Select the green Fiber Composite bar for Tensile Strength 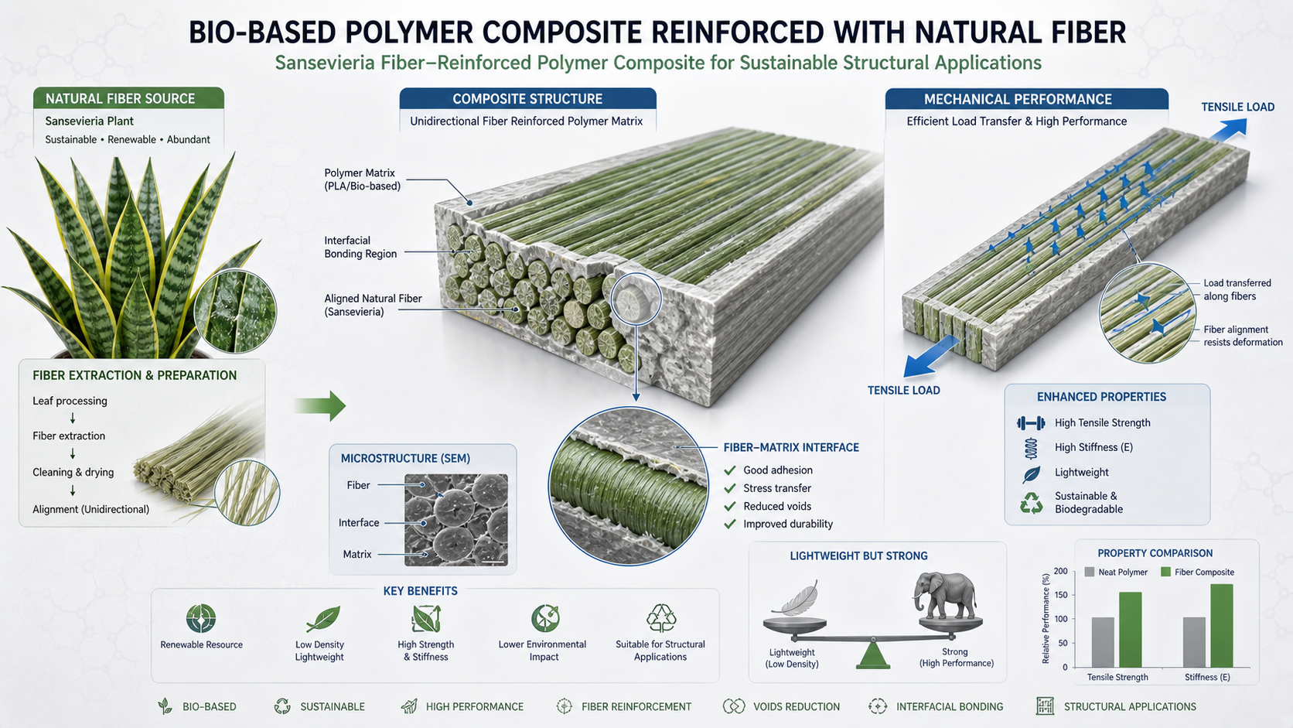click(1131, 630)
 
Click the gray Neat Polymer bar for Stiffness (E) click(1194, 643)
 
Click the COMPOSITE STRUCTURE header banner click(527, 99)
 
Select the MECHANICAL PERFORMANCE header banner click(1026, 99)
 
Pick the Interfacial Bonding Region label click(360, 247)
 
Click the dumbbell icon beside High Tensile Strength click(1031, 423)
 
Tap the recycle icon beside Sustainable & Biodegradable click(1031, 503)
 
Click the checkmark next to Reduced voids click(729, 506)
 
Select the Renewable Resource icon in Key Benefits click(201, 618)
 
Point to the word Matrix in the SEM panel click(357, 554)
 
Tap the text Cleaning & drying click(73, 472)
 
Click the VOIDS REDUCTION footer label click(796, 706)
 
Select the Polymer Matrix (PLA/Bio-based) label click(362, 179)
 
